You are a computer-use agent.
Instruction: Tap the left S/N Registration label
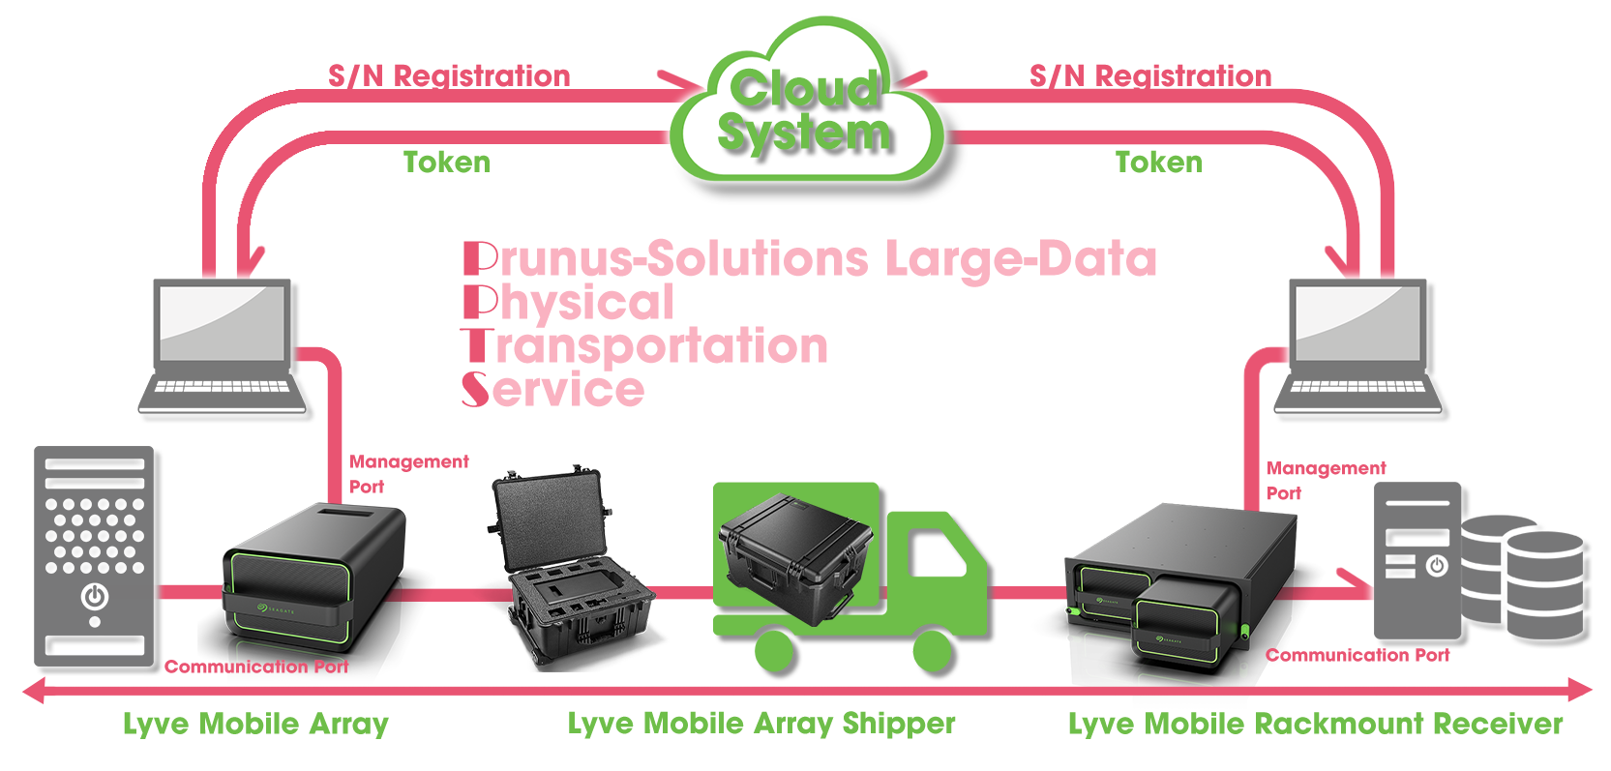point(449,75)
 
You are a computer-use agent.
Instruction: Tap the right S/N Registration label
point(1150,75)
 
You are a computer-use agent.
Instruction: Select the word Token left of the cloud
point(446,162)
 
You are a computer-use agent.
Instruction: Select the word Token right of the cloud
point(1158,162)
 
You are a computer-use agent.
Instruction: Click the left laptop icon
point(224,348)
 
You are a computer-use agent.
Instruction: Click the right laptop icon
point(1358,348)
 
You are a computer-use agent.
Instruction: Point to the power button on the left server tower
point(95,597)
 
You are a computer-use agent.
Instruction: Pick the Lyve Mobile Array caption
point(255,724)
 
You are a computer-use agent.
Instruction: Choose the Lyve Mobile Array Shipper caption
point(761,724)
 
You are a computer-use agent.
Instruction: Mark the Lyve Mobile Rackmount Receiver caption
point(1315,724)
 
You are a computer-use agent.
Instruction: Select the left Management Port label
point(408,473)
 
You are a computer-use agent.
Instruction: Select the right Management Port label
point(1326,480)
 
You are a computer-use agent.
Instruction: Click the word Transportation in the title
point(645,346)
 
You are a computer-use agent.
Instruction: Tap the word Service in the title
point(553,390)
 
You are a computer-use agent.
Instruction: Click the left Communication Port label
point(256,667)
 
